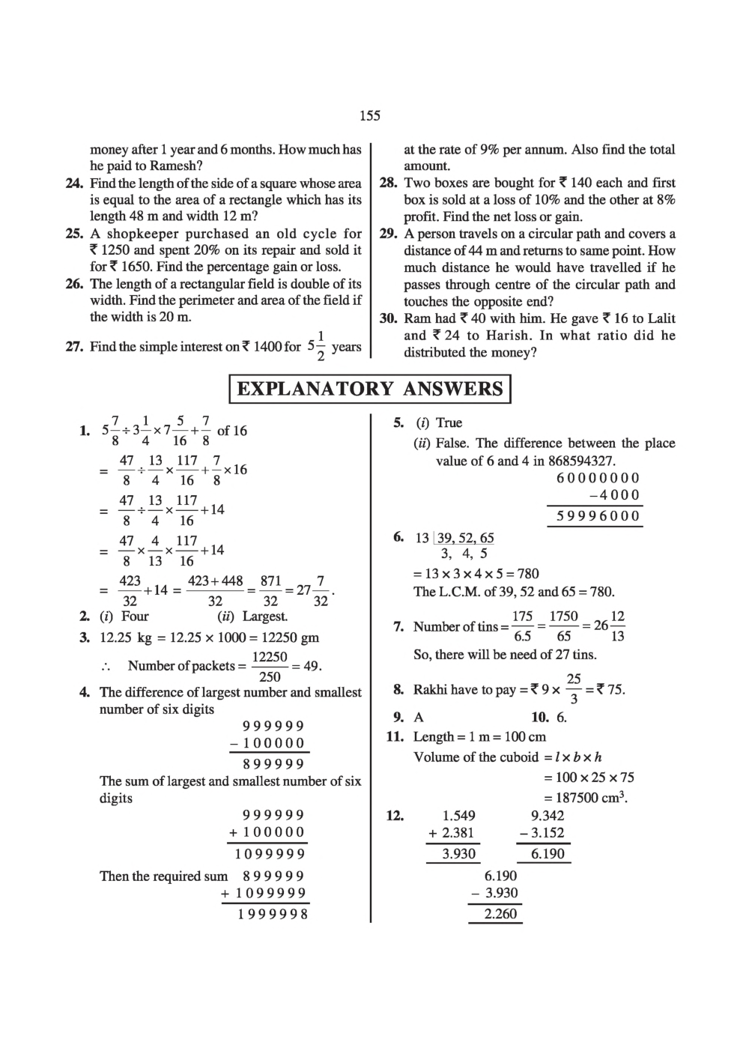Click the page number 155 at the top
point(370,115)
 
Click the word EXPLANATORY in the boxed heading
point(315,389)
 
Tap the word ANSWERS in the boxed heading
point(453,389)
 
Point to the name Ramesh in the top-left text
point(169,166)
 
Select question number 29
point(387,234)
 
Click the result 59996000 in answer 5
point(598,516)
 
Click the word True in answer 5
point(449,423)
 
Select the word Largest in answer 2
point(264,617)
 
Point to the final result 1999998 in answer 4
point(273,914)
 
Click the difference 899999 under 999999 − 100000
point(273,764)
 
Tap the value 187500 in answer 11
point(587,798)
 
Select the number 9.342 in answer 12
point(547,816)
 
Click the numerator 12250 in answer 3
point(269,656)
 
